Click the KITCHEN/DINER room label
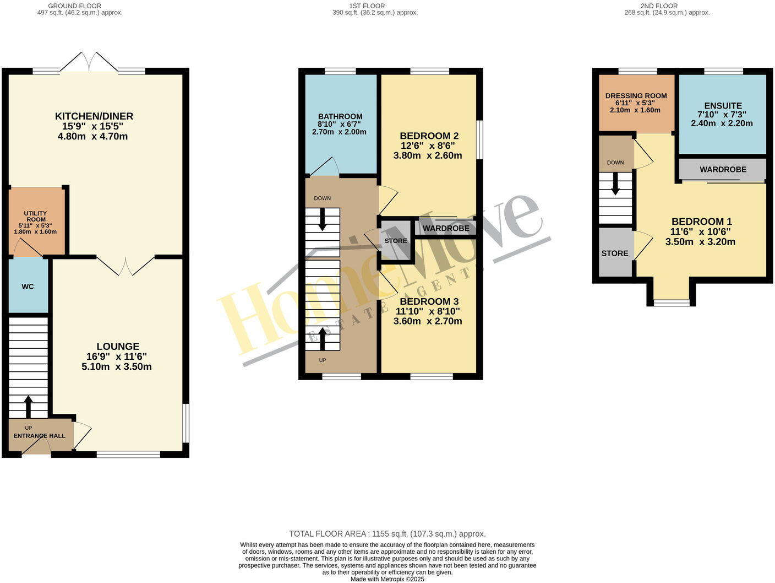[x=94, y=116]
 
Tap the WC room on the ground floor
[x=28, y=287]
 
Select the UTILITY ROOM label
[x=35, y=217]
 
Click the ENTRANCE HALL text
[x=40, y=436]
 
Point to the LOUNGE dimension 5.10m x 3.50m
[x=117, y=367]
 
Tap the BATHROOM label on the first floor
[x=340, y=116]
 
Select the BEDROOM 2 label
[x=429, y=136]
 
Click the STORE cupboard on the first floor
[x=396, y=241]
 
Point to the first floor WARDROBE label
[x=446, y=228]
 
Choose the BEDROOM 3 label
[x=429, y=301]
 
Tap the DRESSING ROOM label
[x=636, y=96]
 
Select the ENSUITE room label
[x=723, y=106]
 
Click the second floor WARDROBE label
[x=723, y=170]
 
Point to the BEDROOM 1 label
[x=701, y=222]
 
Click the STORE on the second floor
[x=615, y=253]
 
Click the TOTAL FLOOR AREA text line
[x=387, y=534]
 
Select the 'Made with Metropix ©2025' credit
[x=387, y=579]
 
